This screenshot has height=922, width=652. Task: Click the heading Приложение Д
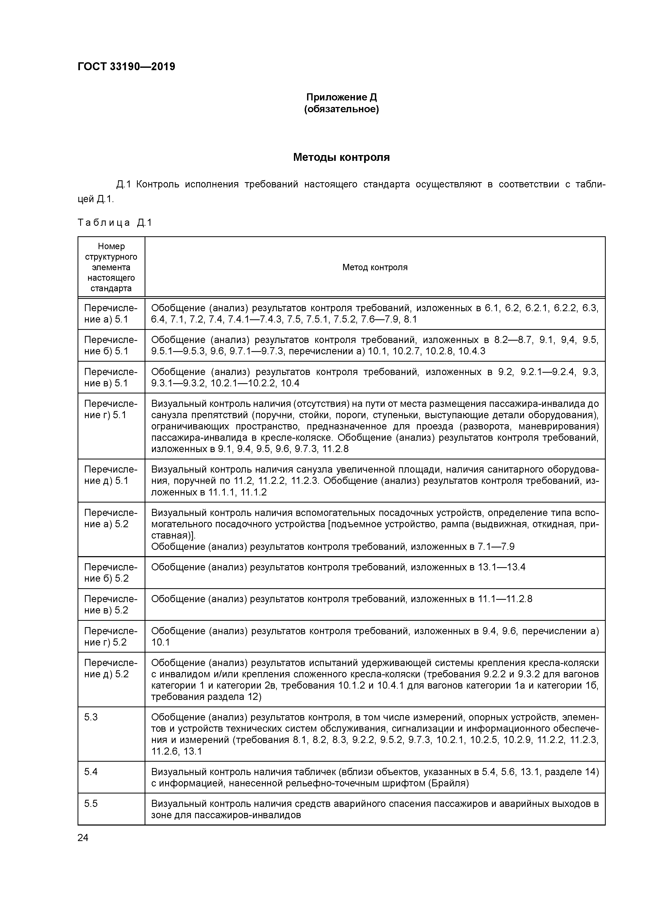click(342, 97)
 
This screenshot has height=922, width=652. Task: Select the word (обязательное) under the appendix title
click(342, 109)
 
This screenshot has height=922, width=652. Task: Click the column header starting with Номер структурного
click(111, 267)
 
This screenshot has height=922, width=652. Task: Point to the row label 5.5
click(91, 803)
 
